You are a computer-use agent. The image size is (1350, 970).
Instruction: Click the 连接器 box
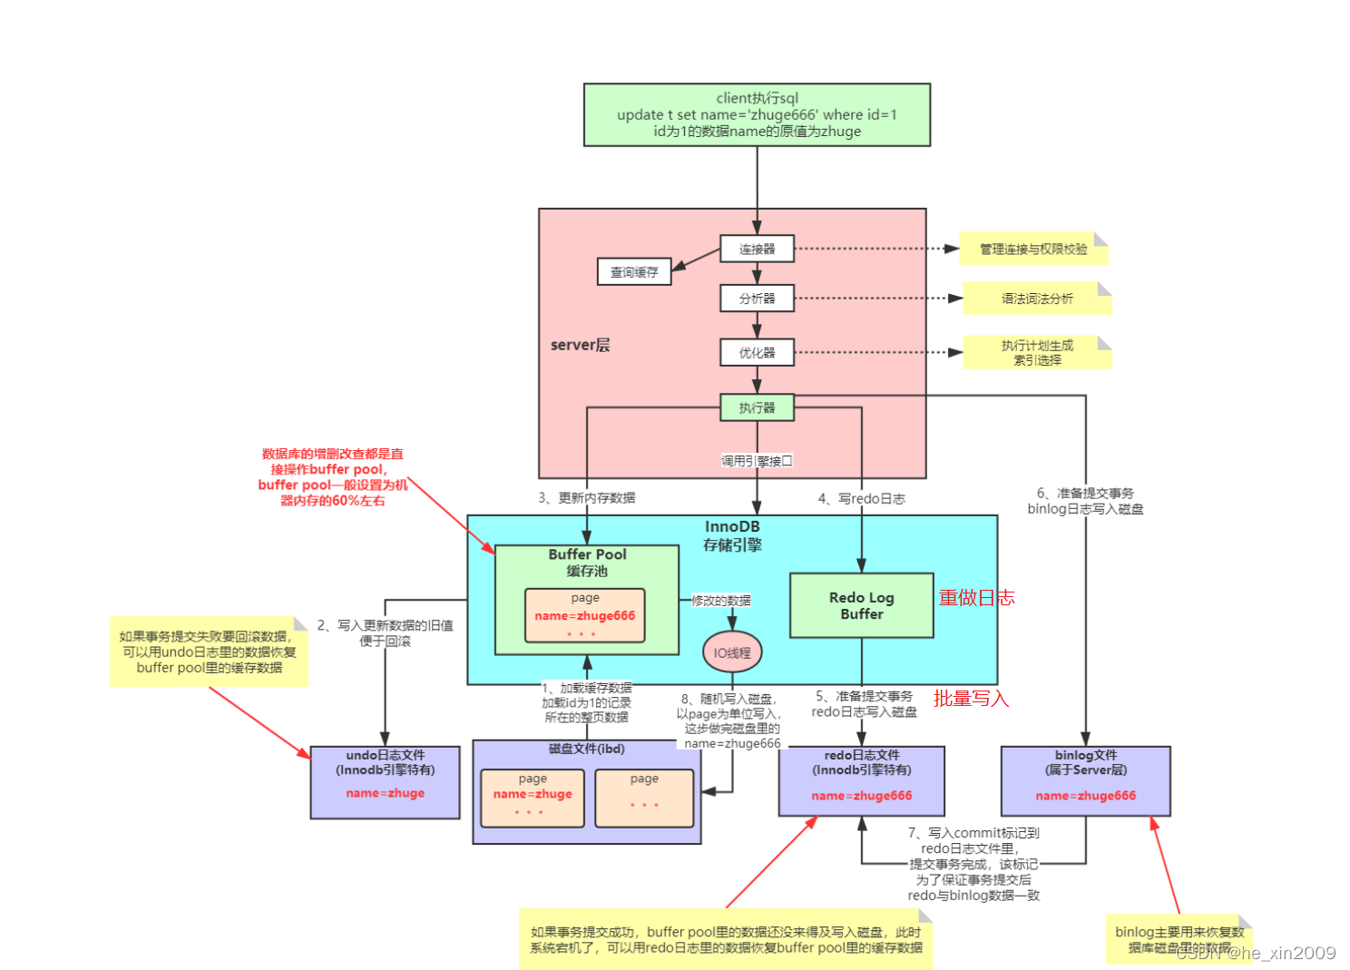point(757,249)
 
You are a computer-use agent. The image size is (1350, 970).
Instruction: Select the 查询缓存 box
point(633,271)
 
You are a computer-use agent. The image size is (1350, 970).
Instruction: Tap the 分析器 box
point(757,299)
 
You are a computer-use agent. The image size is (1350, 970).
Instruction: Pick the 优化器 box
point(757,352)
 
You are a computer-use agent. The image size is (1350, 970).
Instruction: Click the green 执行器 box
point(757,407)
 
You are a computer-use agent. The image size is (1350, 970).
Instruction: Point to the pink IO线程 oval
point(731,652)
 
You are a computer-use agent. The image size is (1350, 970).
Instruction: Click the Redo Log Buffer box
point(861,605)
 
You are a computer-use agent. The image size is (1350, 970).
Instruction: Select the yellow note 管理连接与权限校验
point(1033,249)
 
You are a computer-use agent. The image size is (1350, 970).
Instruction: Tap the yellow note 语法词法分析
point(1036,299)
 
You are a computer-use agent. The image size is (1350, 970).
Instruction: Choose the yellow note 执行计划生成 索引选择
point(1036,352)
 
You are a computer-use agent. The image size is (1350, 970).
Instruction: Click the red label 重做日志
point(976,597)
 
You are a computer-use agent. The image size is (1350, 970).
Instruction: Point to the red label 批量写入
point(971,698)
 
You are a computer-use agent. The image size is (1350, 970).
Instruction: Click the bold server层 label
point(580,345)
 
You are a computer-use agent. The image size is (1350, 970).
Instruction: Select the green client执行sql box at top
point(757,114)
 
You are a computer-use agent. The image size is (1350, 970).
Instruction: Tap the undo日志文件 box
point(385,781)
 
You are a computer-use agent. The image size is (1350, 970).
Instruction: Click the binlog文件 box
point(1085,780)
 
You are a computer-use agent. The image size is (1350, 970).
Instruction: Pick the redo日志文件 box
point(861,780)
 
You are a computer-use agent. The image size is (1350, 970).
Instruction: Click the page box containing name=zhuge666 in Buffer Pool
point(584,615)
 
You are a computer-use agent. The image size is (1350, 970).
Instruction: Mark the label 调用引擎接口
point(757,461)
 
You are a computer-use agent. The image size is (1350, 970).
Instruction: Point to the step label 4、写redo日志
point(861,498)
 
